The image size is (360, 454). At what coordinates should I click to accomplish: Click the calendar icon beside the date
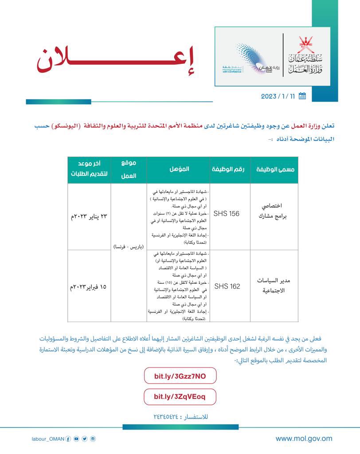(x=302, y=96)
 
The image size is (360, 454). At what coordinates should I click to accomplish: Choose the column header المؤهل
(x=180, y=169)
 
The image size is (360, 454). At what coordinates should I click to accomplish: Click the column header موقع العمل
(x=128, y=169)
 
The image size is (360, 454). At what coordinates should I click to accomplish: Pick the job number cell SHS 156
(x=226, y=214)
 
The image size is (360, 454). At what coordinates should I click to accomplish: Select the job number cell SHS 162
(x=227, y=286)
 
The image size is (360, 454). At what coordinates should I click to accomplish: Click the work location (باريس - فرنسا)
(x=129, y=246)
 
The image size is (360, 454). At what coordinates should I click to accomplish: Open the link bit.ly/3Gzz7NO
(x=180, y=376)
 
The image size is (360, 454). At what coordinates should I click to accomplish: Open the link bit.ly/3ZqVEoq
(x=180, y=396)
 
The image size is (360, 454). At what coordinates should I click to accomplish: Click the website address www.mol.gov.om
(x=304, y=439)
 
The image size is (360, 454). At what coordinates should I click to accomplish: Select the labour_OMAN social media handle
(x=48, y=439)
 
